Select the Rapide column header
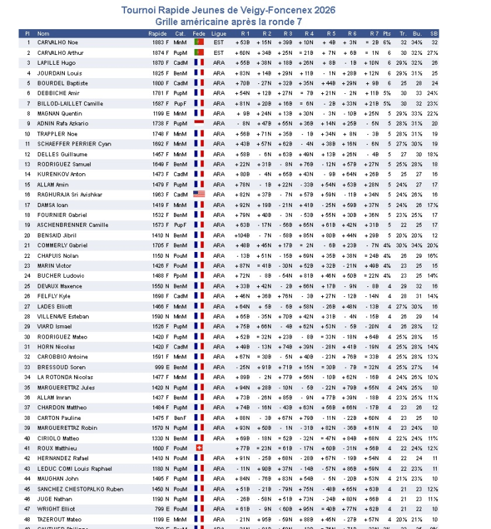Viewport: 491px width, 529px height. coord(157,33)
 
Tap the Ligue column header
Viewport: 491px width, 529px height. coord(219,33)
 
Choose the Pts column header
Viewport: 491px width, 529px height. coord(387,33)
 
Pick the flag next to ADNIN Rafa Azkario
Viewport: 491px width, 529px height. coord(199,123)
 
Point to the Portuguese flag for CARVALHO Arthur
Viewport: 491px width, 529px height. coord(199,53)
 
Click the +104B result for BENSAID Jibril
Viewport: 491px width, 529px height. coord(242,235)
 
